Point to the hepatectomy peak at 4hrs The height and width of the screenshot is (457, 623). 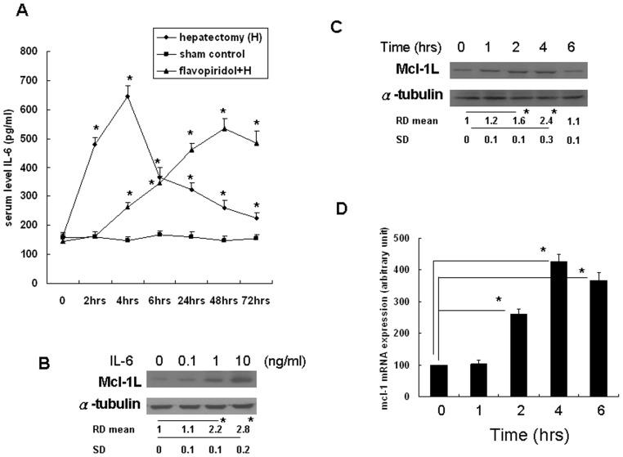[x=127, y=96]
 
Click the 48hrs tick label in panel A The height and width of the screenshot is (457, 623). [x=219, y=300]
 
